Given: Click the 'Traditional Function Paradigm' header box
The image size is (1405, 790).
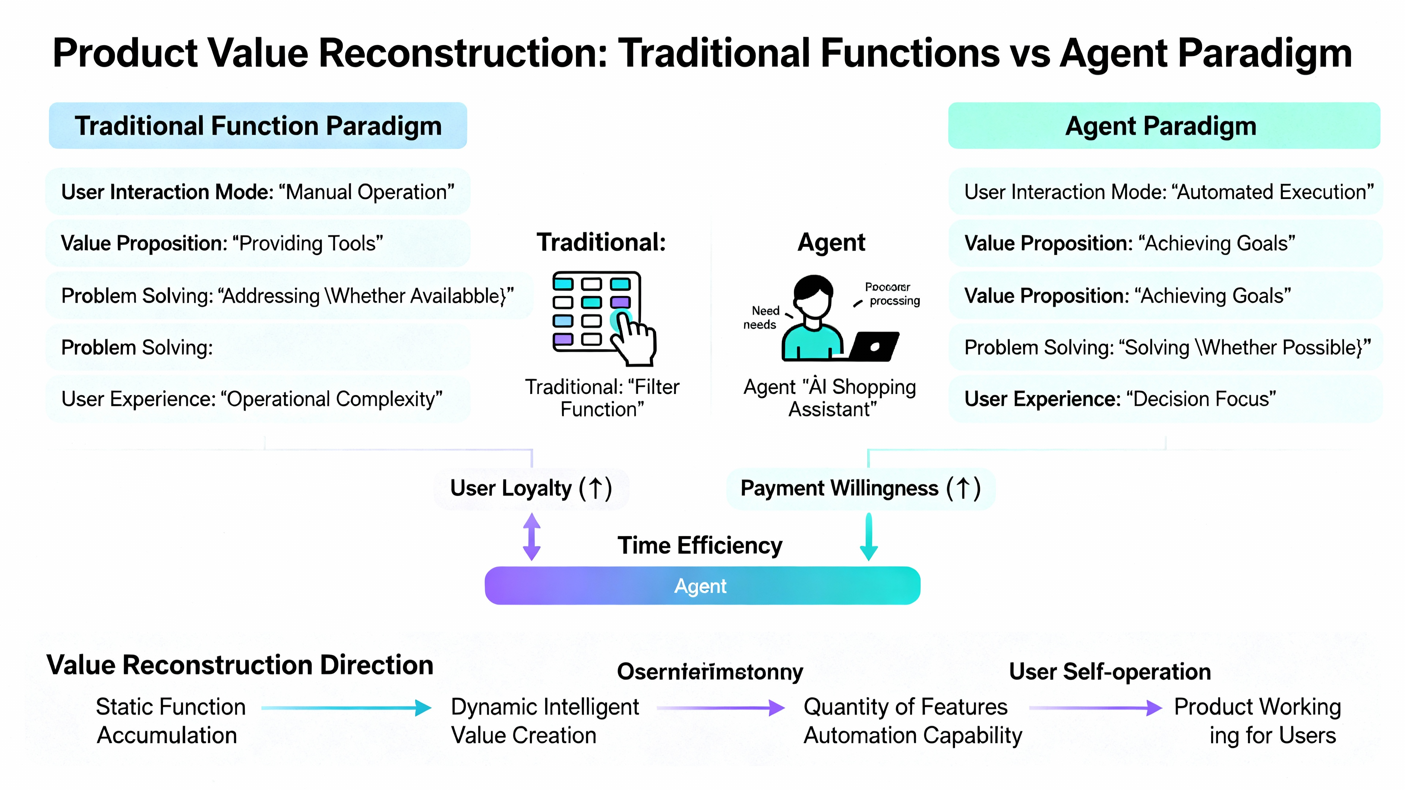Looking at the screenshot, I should tap(258, 126).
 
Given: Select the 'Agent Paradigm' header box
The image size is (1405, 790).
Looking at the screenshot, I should tap(1164, 126).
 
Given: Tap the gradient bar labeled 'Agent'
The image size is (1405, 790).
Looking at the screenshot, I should tap(702, 586).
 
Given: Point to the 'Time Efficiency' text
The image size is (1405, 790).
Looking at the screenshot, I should tap(700, 546).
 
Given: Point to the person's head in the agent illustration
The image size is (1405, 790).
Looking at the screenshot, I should tap(813, 294).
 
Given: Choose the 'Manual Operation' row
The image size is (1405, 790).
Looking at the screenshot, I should tap(258, 192).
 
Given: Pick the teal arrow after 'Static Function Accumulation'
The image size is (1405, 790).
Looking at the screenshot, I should tap(346, 708).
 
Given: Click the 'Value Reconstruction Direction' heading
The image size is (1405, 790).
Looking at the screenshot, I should tap(240, 665).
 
